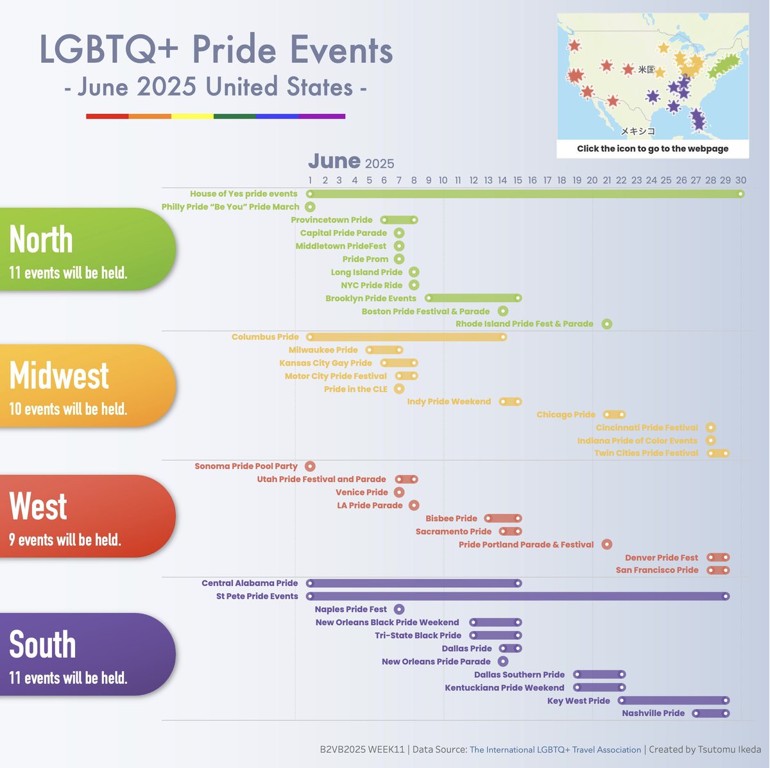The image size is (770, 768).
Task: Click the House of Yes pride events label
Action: click(x=244, y=194)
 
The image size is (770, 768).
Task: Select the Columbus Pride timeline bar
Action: click(x=408, y=337)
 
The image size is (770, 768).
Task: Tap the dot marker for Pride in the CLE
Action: click(x=399, y=389)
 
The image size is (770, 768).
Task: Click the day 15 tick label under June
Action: click(x=518, y=181)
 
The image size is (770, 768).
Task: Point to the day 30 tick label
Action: click(x=740, y=181)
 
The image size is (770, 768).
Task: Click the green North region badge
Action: click(x=87, y=249)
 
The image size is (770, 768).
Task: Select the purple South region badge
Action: click(x=87, y=655)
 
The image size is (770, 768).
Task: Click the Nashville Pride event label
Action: click(x=653, y=714)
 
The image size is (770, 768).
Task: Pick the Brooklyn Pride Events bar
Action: click(x=474, y=298)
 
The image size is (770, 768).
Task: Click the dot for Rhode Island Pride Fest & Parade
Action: click(x=607, y=324)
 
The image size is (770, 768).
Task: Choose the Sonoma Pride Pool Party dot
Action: click(x=311, y=467)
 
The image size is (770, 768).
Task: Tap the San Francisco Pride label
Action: click(x=657, y=570)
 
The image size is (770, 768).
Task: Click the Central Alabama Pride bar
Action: click(x=415, y=583)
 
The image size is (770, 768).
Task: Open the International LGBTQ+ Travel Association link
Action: click(x=555, y=749)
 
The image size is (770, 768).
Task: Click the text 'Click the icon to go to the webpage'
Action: click(x=653, y=149)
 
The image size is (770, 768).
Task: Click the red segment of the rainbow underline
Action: click(x=107, y=117)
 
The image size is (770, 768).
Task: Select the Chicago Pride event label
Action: click(x=566, y=415)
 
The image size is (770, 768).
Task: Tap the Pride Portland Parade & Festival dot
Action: click(x=607, y=545)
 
